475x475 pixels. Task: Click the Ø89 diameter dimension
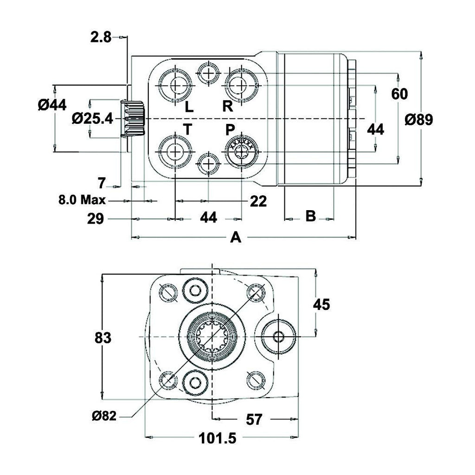[x=418, y=120]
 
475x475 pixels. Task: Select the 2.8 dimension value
[x=101, y=37]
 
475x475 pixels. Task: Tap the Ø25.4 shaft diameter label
[x=93, y=119]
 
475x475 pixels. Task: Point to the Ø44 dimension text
[x=52, y=106]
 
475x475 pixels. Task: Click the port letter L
[x=189, y=108]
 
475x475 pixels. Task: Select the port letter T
[x=187, y=130]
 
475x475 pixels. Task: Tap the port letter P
[x=231, y=130]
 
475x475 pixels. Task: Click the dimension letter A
[x=236, y=238]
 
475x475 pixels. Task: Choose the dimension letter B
[x=311, y=216]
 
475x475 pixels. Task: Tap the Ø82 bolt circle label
[x=104, y=416]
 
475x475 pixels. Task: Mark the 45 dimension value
[x=321, y=305]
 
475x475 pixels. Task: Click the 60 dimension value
[x=399, y=94]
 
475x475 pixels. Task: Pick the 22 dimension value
[x=258, y=201]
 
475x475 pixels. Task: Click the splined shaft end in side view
[x=134, y=119]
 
